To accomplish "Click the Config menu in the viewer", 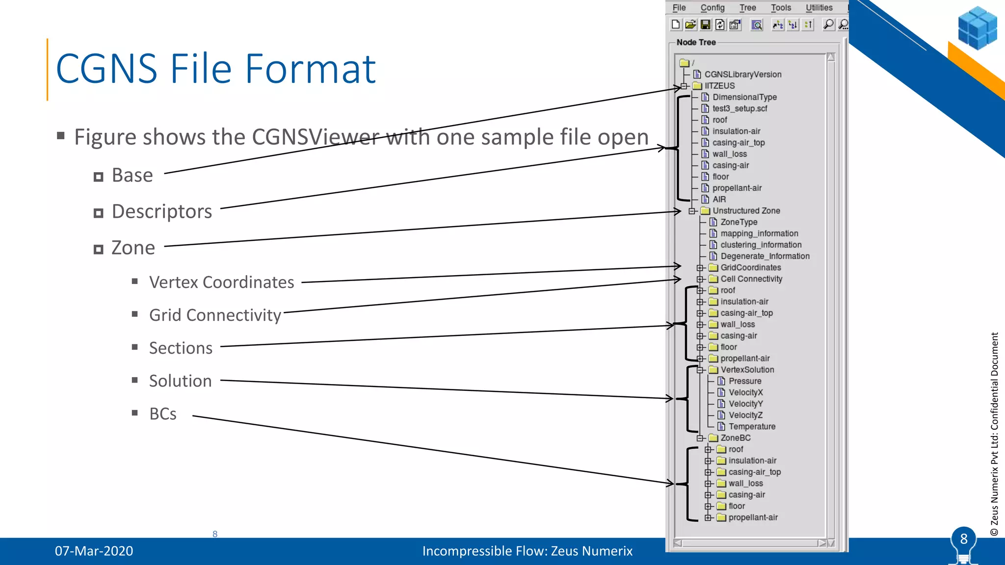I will (712, 8).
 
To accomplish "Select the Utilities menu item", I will (819, 8).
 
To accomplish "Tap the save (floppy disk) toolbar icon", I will (705, 25).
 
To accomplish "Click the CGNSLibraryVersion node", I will (742, 75).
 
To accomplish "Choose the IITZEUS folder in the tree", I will (719, 86).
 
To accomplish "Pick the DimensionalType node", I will (744, 97).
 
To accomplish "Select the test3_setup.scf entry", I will (740, 108).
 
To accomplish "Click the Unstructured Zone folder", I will (746, 211).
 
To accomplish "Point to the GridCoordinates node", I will (750, 268).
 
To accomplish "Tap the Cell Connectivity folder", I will (751, 279).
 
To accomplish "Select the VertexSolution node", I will (747, 370).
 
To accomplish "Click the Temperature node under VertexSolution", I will (752, 427).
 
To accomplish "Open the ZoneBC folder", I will (735, 438).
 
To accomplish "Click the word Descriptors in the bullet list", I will (162, 211).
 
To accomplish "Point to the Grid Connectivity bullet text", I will (215, 315).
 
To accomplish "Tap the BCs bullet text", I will (162, 414).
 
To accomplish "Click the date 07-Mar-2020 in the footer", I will (94, 551).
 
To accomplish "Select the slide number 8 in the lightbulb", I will (963, 539).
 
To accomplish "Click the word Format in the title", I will (310, 69).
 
